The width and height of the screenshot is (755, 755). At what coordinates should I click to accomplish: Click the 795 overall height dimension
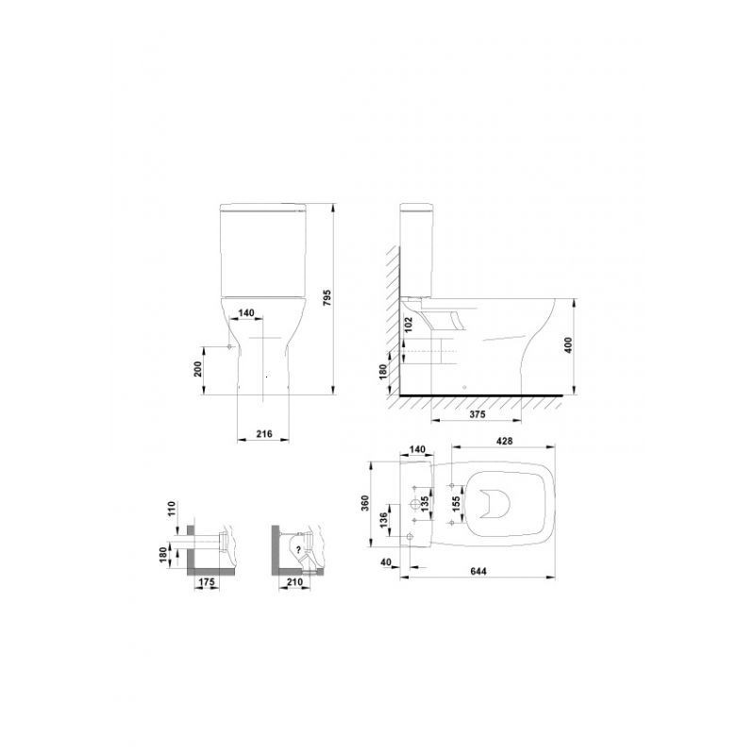pos(327,298)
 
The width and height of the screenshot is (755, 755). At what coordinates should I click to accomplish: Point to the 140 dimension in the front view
pos(246,312)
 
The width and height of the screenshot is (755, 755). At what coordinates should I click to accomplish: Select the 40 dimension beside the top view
pos(387,562)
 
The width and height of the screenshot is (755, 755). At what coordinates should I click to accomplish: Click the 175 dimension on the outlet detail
pos(208,582)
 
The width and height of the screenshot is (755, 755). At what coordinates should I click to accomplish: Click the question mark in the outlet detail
pos(298,548)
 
